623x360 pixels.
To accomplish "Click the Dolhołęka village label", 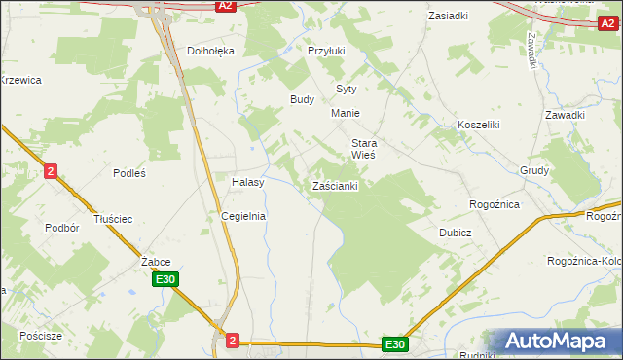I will click(211, 51).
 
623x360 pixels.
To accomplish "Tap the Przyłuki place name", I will click(326, 51).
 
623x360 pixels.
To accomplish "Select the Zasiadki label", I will click(448, 17).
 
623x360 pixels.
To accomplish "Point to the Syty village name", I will click(347, 89).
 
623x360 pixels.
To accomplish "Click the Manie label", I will click(346, 114).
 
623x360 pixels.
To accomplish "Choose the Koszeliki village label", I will click(478, 126).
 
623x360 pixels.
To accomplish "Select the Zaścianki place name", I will click(336, 186).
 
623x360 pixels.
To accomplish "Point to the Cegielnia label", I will click(243, 216).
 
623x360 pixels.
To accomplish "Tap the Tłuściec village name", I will click(113, 219).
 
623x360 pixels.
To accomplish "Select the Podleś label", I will click(128, 173).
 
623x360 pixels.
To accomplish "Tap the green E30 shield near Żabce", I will click(165, 280).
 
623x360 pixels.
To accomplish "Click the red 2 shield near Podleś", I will click(51, 171).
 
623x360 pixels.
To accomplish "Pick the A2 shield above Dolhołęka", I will click(226, 6).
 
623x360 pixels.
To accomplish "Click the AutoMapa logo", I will click(555, 341).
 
